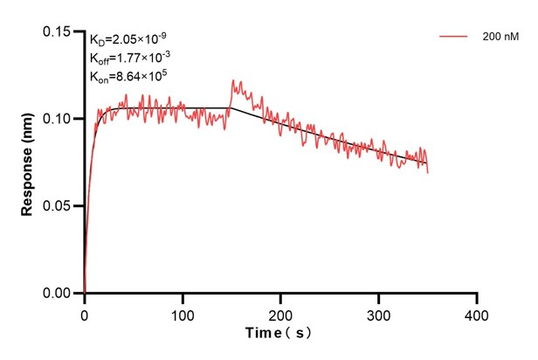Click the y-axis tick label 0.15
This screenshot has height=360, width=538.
pos(58,31)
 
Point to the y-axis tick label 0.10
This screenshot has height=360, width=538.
pos(58,119)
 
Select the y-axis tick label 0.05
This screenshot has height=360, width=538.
pos(58,206)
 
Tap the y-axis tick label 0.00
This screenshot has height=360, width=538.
pos(58,294)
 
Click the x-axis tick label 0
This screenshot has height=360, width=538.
pos(85,312)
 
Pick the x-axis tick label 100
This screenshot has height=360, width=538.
pos(183,312)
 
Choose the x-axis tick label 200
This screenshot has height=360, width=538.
pos(280,312)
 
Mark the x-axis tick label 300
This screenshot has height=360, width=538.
pos(378,312)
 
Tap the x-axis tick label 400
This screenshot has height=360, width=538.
pos(476,312)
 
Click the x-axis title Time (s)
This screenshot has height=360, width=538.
pos(279,333)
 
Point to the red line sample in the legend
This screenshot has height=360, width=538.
pos(454,37)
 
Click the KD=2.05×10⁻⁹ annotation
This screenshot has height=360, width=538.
pos(128,38)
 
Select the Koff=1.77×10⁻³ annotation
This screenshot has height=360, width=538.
pos(129,58)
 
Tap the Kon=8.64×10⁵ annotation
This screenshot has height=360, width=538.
pos(128,77)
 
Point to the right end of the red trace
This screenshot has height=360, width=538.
pos(428,172)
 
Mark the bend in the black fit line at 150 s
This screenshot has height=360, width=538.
pos(231,108)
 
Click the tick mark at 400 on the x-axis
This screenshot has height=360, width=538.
pos(476,298)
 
